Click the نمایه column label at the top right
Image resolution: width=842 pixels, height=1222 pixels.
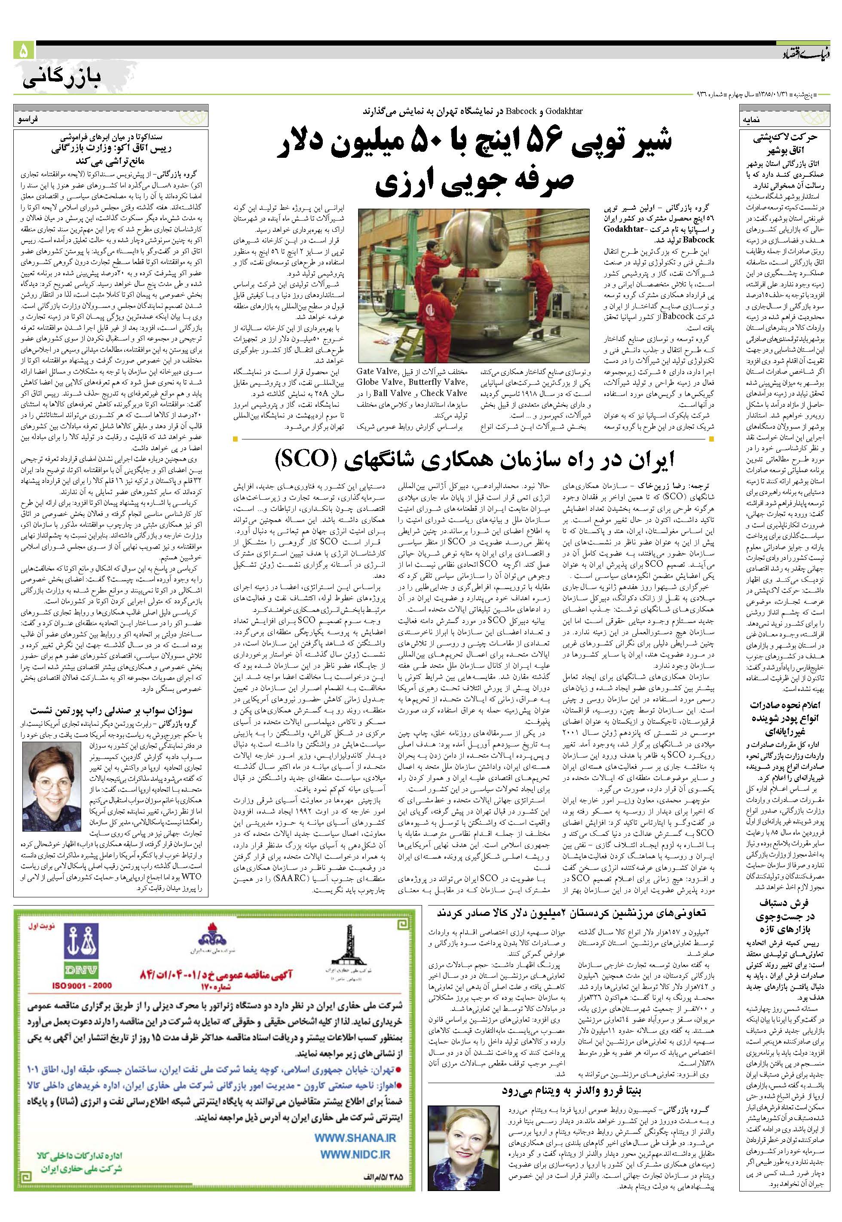[754, 121]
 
